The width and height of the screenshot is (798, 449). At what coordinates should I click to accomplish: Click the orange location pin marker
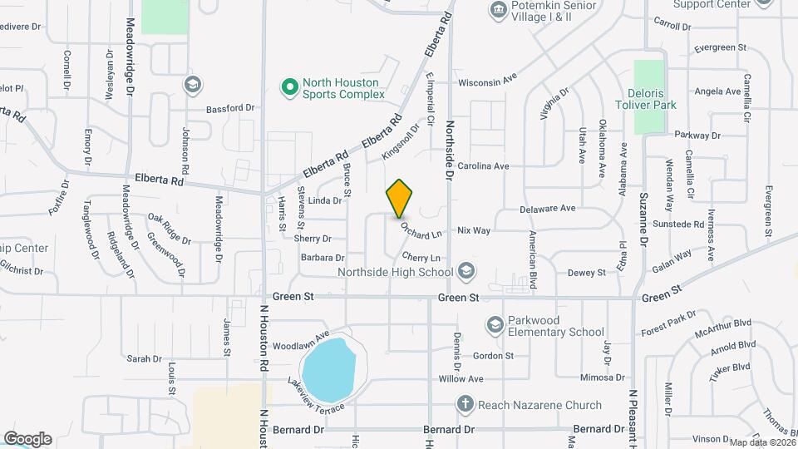point(400,198)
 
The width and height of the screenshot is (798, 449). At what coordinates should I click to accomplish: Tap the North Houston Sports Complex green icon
point(289,87)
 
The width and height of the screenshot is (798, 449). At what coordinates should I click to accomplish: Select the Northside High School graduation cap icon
point(466,271)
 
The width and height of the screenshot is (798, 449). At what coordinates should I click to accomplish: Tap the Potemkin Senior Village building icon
point(498,10)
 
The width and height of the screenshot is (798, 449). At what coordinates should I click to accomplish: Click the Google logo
point(27,438)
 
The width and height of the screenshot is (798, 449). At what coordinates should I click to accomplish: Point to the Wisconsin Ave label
point(488,81)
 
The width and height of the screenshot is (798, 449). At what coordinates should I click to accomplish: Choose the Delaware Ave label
point(548,208)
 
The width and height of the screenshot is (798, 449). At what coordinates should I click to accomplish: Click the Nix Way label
point(474,230)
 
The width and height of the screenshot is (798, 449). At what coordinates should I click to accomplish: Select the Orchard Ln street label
point(420,228)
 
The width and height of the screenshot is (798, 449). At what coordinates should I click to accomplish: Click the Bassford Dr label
point(230,108)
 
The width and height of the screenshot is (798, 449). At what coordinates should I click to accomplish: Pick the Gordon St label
point(494,356)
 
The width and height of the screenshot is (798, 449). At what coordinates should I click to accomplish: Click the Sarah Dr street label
point(144,358)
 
